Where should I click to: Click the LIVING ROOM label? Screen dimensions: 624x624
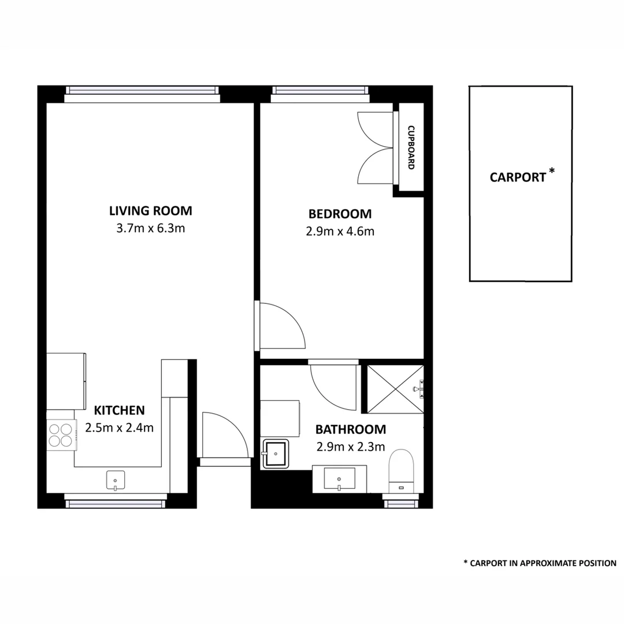tap(151, 210)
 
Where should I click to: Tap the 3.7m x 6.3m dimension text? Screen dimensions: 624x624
tap(151, 228)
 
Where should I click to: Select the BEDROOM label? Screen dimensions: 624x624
tap(340, 214)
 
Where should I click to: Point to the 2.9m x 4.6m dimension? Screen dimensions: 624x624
tap(340, 232)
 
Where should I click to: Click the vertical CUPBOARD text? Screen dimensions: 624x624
tap(411, 147)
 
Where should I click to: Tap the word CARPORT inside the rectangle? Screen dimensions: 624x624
tap(518, 177)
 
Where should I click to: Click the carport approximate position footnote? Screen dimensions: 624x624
tap(540, 563)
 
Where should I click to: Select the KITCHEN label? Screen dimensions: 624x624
tap(119, 411)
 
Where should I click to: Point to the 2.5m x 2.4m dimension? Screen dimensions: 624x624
tap(119, 428)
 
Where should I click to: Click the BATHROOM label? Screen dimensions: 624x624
tap(350, 429)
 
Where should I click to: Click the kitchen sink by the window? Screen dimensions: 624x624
tap(116, 480)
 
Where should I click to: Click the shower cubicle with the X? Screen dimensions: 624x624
tap(395, 389)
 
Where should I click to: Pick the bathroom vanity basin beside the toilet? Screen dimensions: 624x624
tap(339, 479)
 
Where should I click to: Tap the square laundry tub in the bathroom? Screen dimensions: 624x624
tap(276, 454)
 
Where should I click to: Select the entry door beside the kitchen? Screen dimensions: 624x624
tap(224, 434)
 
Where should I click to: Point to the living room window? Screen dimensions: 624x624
tap(142, 90)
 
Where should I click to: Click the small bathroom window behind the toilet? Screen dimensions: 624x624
tap(401, 503)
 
